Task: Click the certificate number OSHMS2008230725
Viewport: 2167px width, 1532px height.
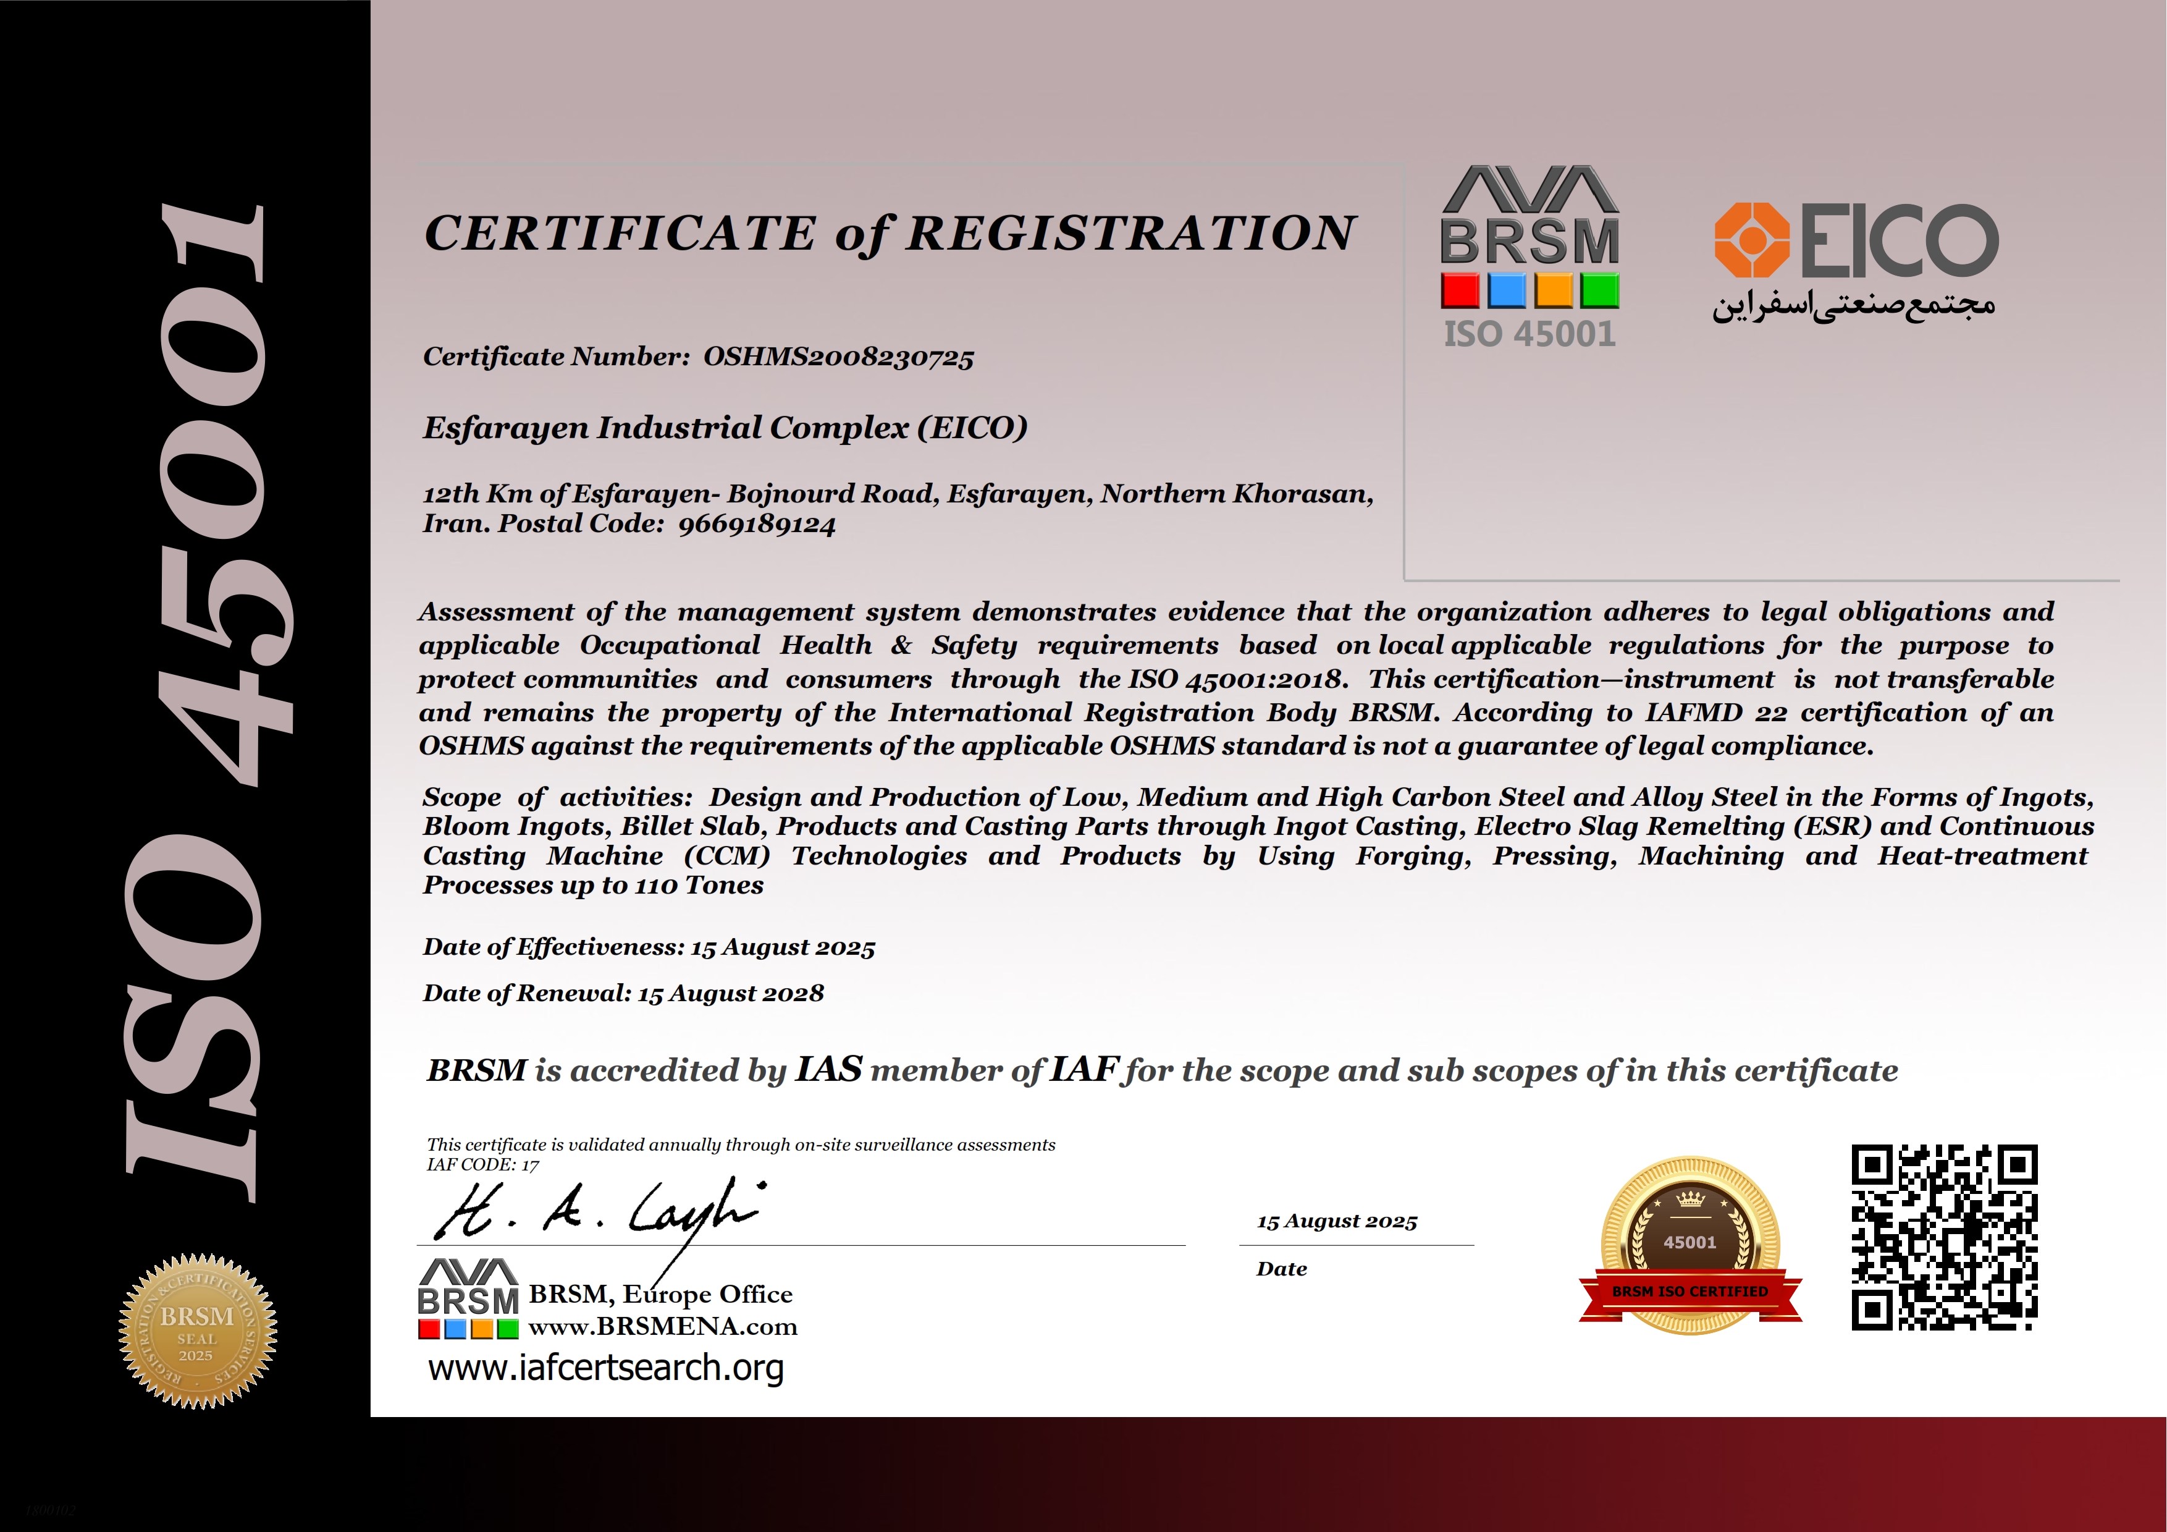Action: click(838, 357)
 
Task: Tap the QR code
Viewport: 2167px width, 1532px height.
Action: click(1943, 1237)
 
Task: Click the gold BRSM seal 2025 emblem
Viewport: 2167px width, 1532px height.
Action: click(197, 1331)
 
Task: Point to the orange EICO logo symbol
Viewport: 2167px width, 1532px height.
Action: click(1752, 240)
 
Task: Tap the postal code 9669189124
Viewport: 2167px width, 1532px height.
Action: click(757, 525)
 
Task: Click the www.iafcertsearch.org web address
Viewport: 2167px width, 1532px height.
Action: click(606, 1368)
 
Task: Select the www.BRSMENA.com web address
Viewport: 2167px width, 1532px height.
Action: click(663, 1327)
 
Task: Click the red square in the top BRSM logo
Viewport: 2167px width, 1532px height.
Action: click(1460, 290)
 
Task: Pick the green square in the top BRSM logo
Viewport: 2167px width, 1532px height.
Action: click(1600, 290)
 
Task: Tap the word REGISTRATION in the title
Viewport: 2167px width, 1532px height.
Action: click(1130, 233)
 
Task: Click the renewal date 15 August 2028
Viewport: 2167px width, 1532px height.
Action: click(731, 993)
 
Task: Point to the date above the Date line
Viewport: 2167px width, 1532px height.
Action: click(1336, 1221)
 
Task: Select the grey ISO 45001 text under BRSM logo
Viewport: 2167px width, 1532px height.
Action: click(1529, 334)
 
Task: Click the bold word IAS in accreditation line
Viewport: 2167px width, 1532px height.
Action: click(828, 1070)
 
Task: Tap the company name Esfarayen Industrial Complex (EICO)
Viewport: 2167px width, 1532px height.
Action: click(725, 428)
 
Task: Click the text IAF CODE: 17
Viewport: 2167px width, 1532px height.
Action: click(482, 1165)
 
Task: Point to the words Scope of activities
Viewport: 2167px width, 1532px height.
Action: click(557, 798)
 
